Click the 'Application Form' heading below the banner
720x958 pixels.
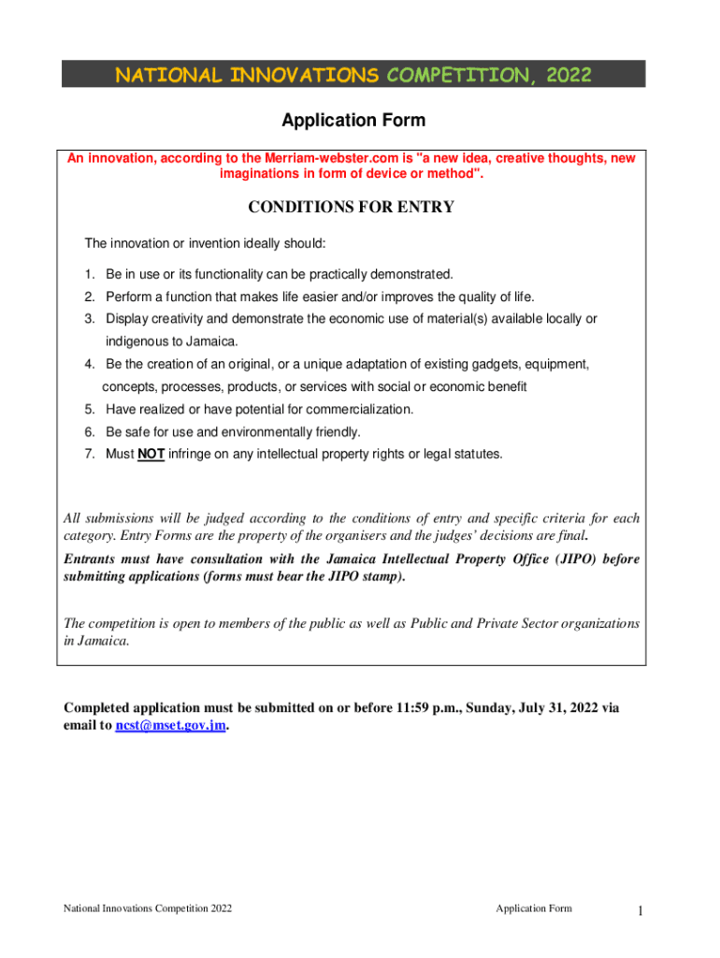353,121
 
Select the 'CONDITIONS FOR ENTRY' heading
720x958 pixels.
353,207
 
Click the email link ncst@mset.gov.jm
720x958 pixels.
170,725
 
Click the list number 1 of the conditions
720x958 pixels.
88,274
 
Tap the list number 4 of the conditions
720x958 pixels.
88,364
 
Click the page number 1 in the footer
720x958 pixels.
640,910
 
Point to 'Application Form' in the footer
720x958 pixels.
534,908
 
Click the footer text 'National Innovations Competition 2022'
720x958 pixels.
148,908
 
